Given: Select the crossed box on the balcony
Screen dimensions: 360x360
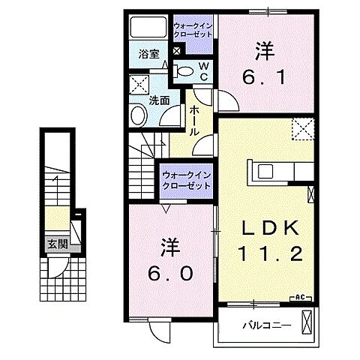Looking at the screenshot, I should point(306,324).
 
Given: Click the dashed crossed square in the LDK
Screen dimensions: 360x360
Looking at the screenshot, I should point(301,129).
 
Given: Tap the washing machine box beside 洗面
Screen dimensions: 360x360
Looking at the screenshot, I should point(139,84).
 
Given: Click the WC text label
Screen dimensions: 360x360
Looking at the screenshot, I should point(203,70).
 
